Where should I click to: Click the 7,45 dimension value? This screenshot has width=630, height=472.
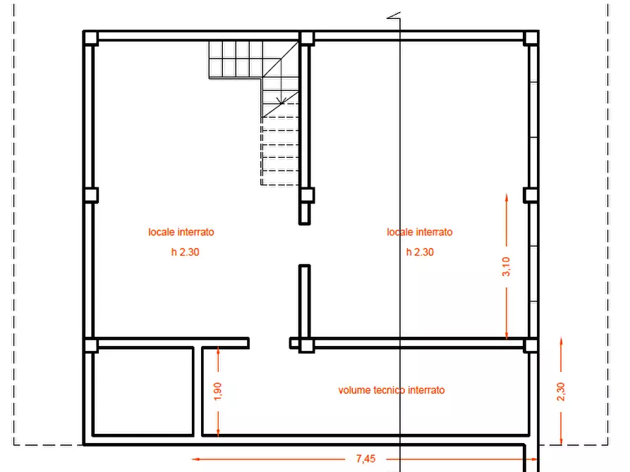coord(365,459)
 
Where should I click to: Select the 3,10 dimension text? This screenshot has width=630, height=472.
coord(506,266)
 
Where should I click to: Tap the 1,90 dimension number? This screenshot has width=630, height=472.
coord(217,391)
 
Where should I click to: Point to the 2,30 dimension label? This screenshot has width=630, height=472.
coord(561,392)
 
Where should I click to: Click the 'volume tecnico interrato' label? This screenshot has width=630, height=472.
coord(392,390)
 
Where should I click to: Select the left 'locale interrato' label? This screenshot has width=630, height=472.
coord(181,232)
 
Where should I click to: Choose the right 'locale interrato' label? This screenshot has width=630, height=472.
coord(420,232)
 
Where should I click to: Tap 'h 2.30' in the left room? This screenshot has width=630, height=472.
coord(186,252)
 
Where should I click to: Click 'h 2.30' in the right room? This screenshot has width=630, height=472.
coord(420,252)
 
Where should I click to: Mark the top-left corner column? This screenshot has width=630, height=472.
coord(91,39)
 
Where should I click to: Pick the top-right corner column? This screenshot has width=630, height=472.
coord(531,39)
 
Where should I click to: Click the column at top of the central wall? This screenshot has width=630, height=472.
coord(307,39)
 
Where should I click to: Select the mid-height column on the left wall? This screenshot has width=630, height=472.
coord(91,195)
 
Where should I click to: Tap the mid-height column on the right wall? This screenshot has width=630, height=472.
coord(531,195)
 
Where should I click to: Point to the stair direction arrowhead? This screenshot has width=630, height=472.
coord(281,100)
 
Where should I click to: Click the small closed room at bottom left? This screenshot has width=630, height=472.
coord(143,391)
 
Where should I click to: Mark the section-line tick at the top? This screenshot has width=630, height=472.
coord(394,15)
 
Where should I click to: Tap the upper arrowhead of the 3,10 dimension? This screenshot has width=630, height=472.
coord(507,198)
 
